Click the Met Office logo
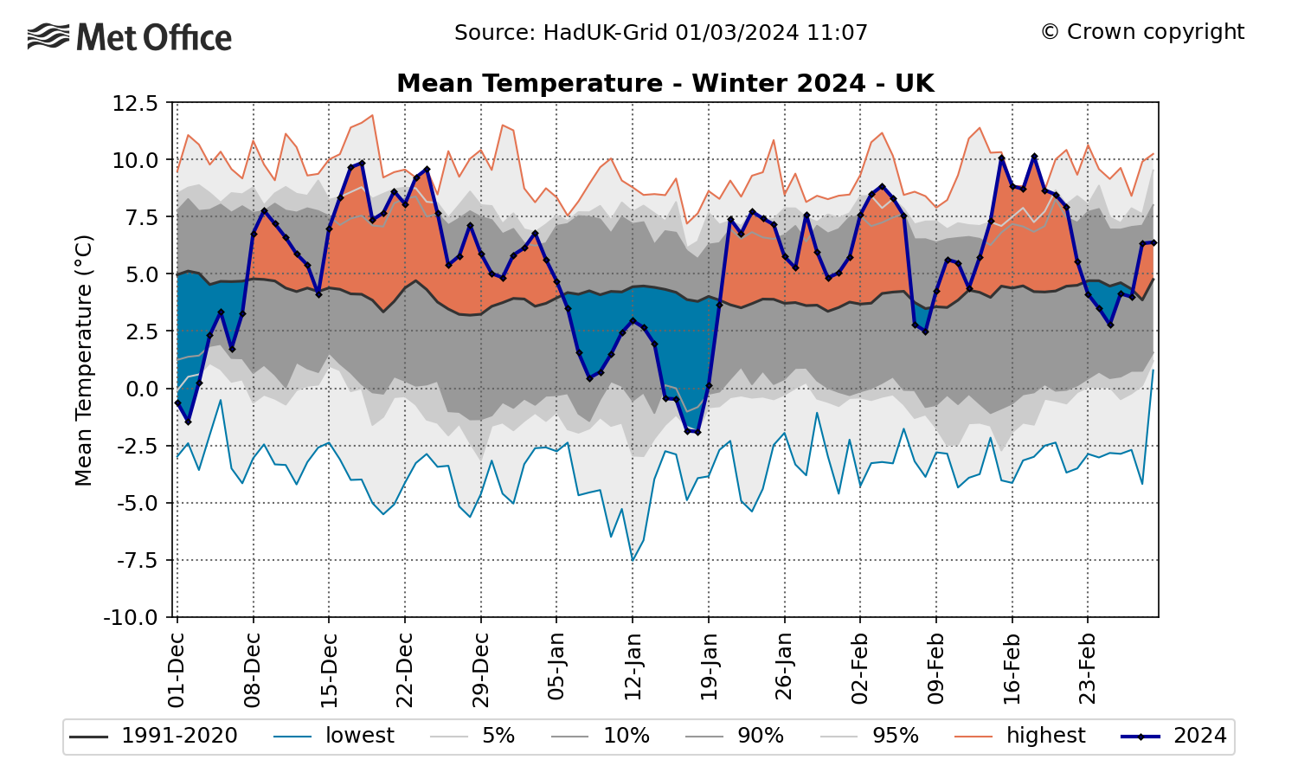130,37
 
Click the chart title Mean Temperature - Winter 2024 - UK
665,83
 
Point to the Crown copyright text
1142,32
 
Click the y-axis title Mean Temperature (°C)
84,360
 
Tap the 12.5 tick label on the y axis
135,104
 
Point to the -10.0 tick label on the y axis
132,618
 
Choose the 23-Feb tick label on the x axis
1088,669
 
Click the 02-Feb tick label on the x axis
860,669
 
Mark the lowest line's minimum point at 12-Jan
633,560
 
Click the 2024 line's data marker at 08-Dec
254,234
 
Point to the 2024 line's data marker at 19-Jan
709,386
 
